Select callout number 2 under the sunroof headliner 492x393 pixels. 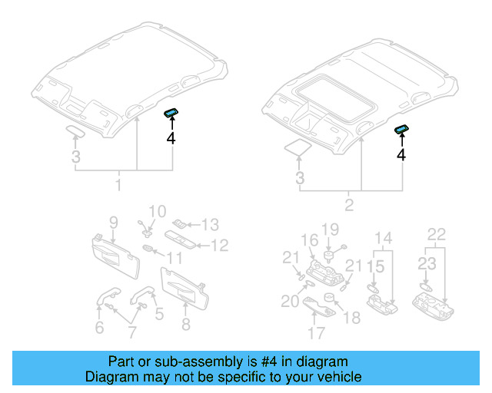tap(350, 205)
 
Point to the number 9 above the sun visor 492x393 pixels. tap(113, 223)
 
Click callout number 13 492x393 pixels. tap(210, 224)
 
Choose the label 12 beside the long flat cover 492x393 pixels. tap(220, 246)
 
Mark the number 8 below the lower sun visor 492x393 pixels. tap(186, 325)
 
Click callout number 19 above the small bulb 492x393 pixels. tap(330, 229)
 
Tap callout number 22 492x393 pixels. tap(436, 233)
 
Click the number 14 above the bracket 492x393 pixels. tap(383, 237)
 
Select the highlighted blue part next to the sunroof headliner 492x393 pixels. tap(401, 130)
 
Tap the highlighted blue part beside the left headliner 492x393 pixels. tap(171, 114)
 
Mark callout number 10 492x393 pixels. tap(157, 211)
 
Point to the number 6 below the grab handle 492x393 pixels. tap(99, 328)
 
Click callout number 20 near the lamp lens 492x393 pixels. tap(290, 302)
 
